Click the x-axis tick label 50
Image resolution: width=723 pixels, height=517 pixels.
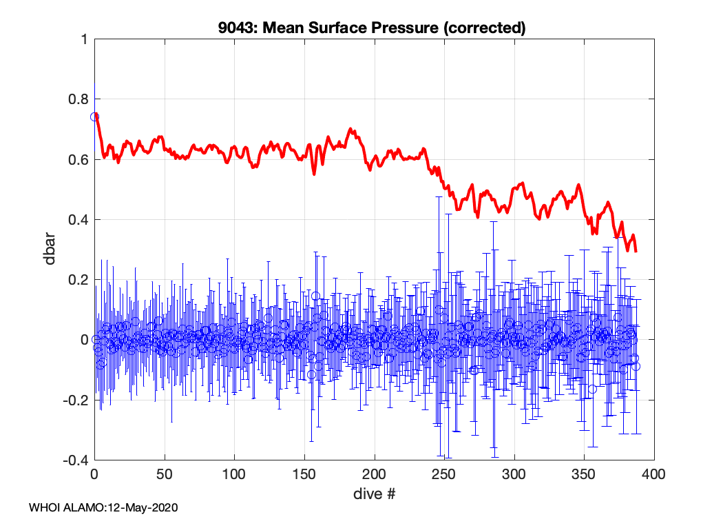165,475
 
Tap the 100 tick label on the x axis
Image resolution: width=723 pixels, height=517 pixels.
234,475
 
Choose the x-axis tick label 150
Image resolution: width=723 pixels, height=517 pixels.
304,475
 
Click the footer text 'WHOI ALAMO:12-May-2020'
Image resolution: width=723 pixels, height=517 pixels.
103,507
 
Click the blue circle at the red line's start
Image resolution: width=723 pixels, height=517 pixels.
95,116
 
